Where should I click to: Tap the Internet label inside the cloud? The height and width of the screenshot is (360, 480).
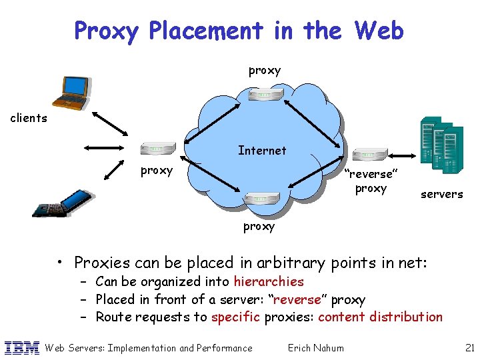262,151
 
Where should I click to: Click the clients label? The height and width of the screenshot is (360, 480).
29,119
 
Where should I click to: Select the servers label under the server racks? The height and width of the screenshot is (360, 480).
441,194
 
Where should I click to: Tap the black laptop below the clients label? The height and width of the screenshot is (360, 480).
59,204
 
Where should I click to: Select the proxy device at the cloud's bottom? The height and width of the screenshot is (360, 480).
261,198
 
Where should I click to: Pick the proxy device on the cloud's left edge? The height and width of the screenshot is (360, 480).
158,149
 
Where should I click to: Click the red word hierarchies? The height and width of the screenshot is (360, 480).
268,282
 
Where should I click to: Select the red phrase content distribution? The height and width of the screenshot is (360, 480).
380,317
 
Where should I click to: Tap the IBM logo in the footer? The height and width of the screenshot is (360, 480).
22,347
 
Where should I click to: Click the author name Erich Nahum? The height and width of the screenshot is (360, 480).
315,347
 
